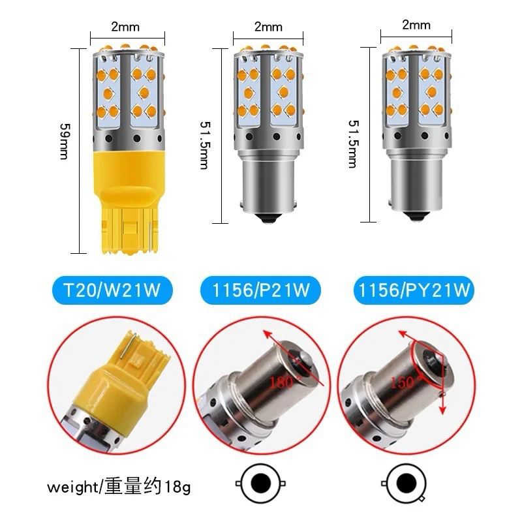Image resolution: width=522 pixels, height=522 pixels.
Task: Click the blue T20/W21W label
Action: [112, 290]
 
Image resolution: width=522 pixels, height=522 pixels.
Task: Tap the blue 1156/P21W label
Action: [260, 290]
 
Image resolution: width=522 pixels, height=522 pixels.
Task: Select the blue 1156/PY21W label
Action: [414, 290]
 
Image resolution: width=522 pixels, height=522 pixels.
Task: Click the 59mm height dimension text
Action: [65, 142]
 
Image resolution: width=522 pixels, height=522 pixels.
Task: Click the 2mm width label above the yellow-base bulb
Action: [125, 27]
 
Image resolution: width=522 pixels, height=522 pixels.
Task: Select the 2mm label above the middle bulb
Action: [268, 27]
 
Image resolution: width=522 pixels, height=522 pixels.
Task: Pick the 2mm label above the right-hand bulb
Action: [416, 25]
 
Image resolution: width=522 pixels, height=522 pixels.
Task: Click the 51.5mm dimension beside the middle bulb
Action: [206, 145]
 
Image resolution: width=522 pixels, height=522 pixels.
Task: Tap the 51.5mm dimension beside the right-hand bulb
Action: [354, 144]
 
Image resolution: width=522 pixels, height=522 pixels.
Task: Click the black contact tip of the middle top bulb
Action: [268, 218]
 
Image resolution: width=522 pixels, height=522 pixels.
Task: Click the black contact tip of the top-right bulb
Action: [416, 217]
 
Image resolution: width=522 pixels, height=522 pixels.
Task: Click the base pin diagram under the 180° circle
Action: [260, 483]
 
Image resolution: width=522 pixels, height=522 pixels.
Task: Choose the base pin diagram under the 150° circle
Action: [403, 484]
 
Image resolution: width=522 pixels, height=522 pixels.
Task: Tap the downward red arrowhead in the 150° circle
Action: [442, 410]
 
